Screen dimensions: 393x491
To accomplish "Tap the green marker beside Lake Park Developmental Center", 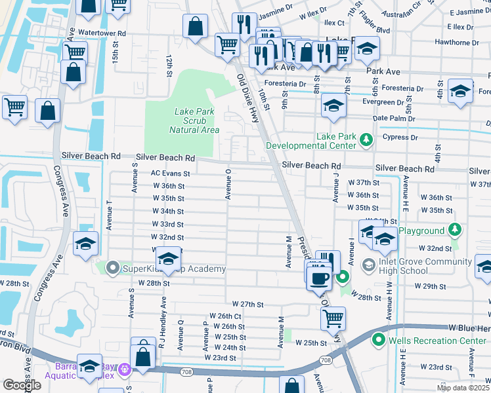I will tap(366, 138).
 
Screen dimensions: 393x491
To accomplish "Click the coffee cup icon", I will tap(320, 277).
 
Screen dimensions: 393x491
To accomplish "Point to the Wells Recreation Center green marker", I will tap(378, 341).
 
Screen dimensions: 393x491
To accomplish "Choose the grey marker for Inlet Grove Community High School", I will tap(368, 264).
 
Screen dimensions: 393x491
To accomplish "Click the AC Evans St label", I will tap(170, 174).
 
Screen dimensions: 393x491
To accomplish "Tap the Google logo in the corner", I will tap(22, 385).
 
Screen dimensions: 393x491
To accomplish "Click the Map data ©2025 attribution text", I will tap(463, 388).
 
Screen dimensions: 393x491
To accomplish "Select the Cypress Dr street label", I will tap(404, 138).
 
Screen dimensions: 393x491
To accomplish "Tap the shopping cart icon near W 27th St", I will tap(333, 319).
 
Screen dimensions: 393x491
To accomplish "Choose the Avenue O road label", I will tap(228, 183).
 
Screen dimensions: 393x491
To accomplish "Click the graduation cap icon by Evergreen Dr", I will tap(333, 106).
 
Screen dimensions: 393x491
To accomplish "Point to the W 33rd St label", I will tap(168, 224).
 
